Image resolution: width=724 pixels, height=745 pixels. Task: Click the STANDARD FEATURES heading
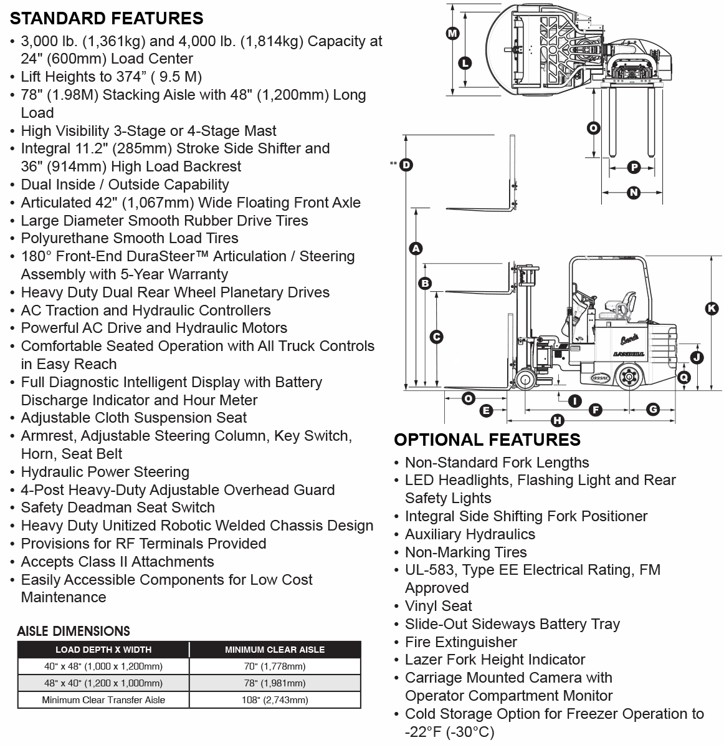tap(107, 19)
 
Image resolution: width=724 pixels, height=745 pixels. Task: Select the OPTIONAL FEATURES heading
tap(487, 440)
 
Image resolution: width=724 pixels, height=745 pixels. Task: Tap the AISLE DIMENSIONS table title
tap(74, 631)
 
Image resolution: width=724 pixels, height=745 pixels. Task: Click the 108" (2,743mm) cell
tap(275, 700)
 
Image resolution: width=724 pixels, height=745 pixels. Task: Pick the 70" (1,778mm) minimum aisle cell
tap(275, 666)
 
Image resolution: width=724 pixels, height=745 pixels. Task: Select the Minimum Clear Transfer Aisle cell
tap(103, 700)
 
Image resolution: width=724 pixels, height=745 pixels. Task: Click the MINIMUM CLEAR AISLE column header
tap(275, 650)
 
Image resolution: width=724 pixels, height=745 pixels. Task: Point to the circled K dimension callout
tap(712, 309)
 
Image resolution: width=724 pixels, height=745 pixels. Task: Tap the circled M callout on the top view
tap(452, 33)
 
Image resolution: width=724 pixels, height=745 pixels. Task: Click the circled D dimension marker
tap(406, 165)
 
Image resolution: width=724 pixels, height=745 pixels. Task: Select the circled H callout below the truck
tap(558, 420)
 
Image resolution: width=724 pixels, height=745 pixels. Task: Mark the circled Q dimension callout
tap(684, 378)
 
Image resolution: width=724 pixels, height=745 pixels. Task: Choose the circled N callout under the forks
tap(633, 193)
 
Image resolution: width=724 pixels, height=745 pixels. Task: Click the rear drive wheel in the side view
tap(629, 377)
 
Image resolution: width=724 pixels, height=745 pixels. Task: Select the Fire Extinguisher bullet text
tap(460, 642)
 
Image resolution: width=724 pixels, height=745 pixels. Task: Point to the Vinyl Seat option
tap(438, 606)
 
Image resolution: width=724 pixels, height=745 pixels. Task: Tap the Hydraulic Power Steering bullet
tap(105, 472)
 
